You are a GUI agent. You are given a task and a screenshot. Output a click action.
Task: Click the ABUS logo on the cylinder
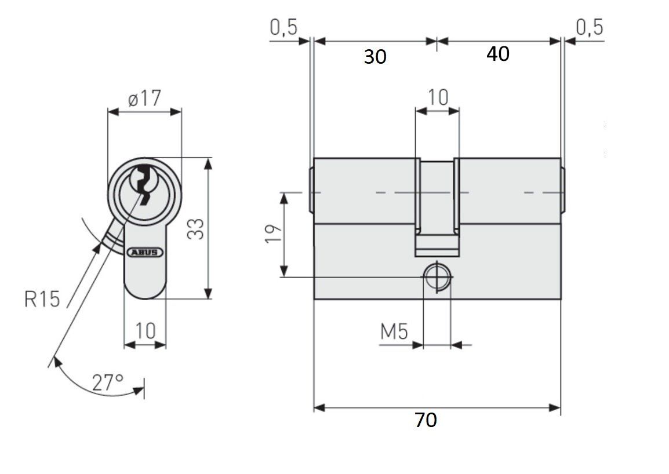(145, 252)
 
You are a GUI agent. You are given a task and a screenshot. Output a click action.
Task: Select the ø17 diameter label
(144, 99)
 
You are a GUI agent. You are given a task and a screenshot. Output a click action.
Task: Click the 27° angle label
(108, 382)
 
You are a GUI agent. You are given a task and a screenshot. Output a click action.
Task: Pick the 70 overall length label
(426, 420)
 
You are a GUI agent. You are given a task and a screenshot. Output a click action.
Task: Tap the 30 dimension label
(375, 56)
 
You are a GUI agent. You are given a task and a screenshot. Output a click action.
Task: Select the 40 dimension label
(498, 54)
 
